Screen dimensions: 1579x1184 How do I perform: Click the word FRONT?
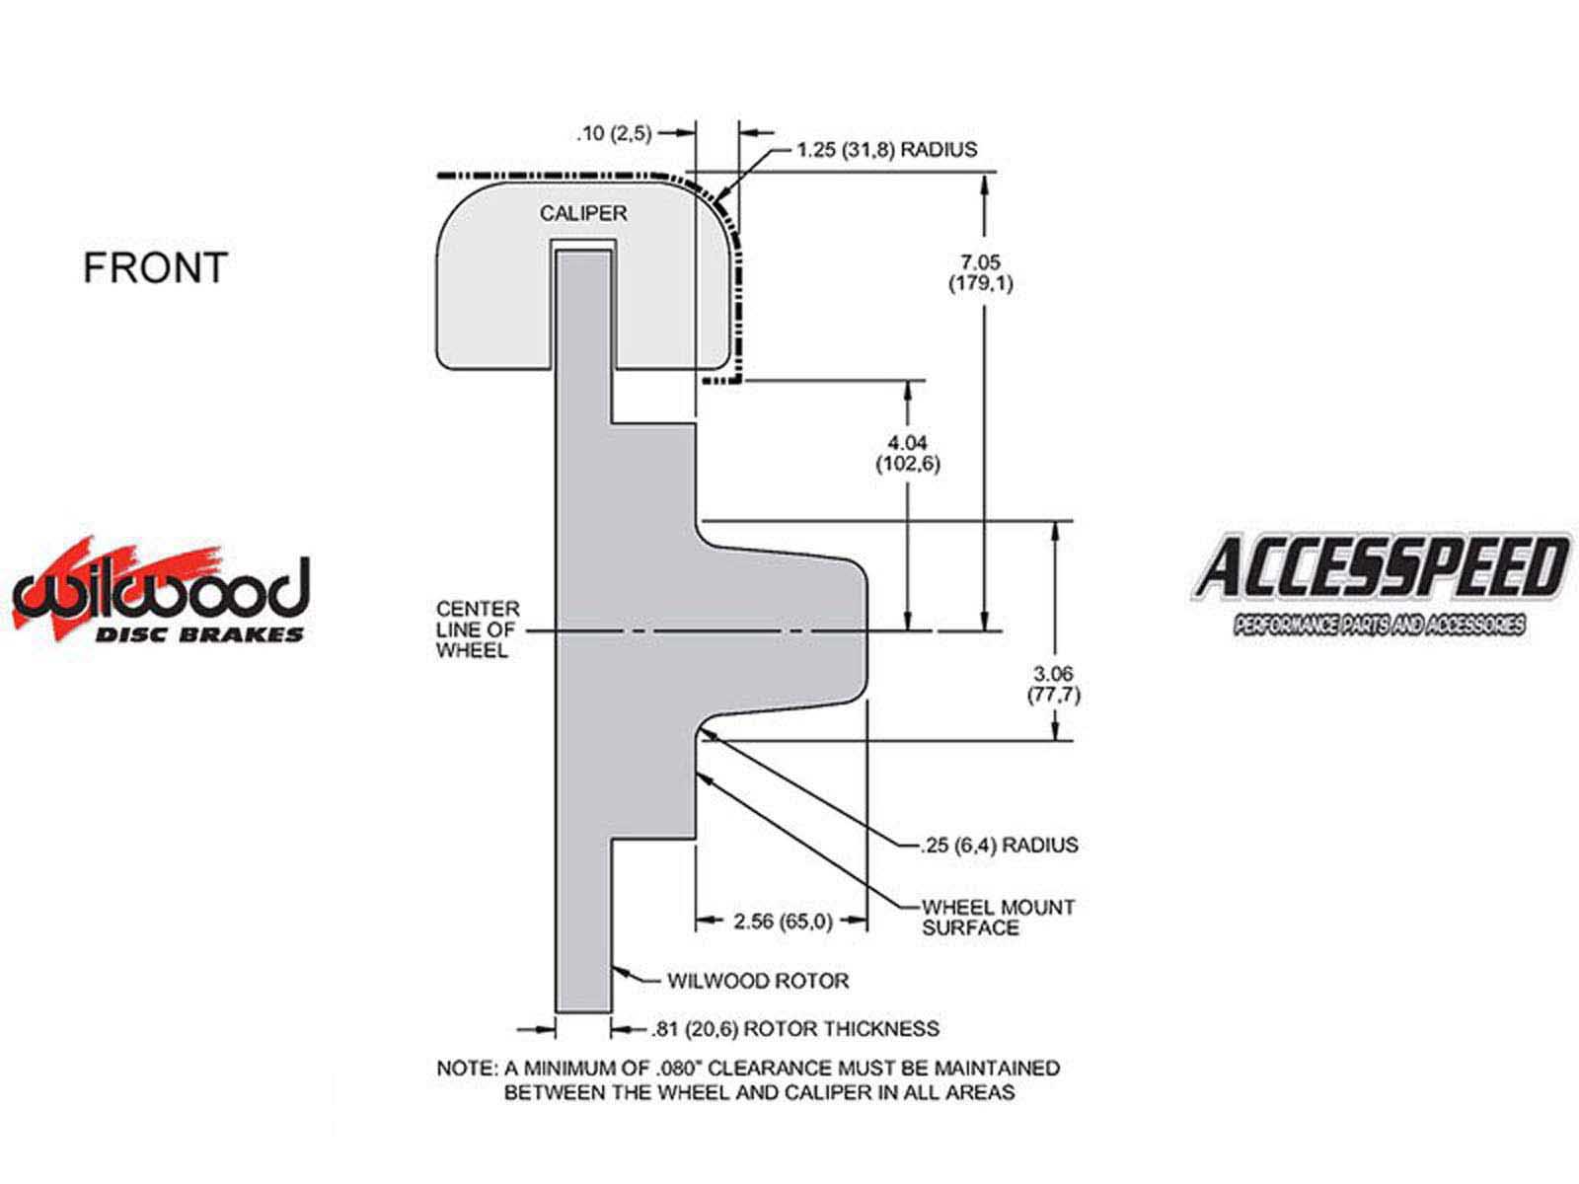pyautogui.click(x=156, y=267)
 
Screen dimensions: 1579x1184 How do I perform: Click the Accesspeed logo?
pyautogui.click(x=1381, y=584)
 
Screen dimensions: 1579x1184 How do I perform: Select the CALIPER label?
pyautogui.click(x=582, y=213)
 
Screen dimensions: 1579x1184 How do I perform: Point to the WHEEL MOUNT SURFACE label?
pyautogui.click(x=998, y=918)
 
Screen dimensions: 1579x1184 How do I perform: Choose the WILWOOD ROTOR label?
pyautogui.click(x=758, y=981)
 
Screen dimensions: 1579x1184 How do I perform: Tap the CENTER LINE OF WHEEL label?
pyautogui.click(x=477, y=629)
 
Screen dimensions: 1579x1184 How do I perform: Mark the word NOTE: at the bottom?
pyautogui.click(x=467, y=1069)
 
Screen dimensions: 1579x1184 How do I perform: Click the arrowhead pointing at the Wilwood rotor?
pyautogui.click(x=620, y=972)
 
